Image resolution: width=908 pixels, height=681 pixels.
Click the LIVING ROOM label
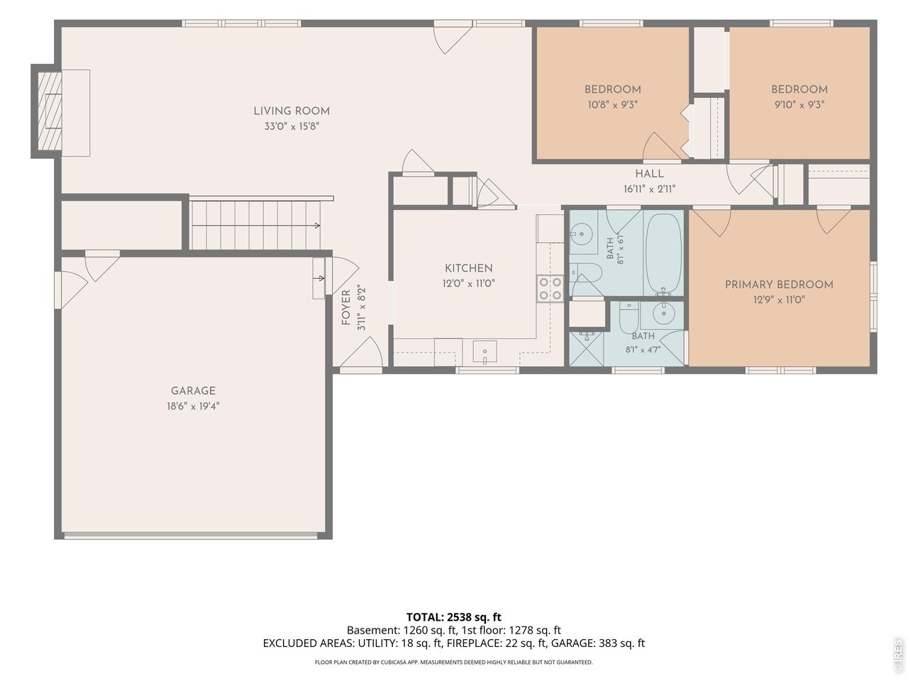coord(292,111)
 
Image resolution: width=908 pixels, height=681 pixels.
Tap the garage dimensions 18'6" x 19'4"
coord(193,406)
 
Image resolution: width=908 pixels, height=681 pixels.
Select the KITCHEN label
coord(468,268)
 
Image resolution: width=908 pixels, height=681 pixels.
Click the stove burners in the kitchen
coord(550,288)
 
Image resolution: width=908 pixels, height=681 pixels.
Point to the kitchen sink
coord(485,351)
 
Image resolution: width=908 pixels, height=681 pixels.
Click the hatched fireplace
coord(50,111)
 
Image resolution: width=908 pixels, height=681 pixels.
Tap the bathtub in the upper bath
coord(663,253)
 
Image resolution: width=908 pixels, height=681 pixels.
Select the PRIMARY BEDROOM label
coord(779,284)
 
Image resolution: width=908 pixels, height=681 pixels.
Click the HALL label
coord(649,174)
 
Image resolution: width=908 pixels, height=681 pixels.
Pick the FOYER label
coord(346,306)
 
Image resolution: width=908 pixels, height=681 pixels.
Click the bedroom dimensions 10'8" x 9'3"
coord(612,104)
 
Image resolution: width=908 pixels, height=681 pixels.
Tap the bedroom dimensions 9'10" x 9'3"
coord(799,104)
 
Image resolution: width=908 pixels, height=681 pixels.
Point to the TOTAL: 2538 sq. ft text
coord(453,617)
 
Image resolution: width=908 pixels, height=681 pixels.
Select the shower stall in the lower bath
coord(586,348)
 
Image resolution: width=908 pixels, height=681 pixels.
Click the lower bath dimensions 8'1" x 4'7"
coord(643,350)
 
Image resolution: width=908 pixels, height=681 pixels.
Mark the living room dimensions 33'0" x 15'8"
coord(292,126)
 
